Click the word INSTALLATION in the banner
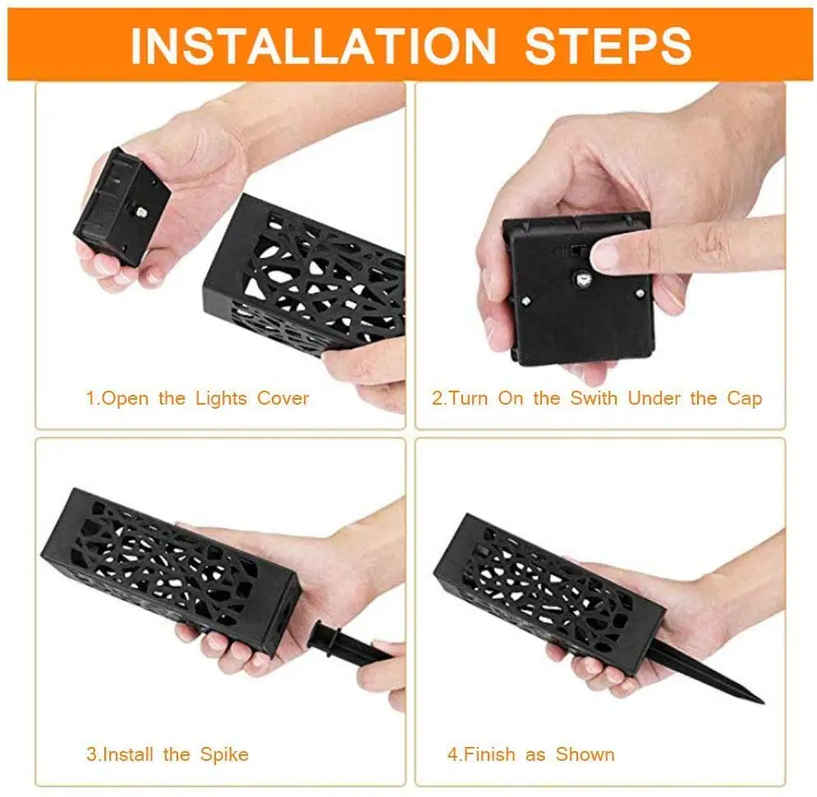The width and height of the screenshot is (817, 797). click(x=313, y=45)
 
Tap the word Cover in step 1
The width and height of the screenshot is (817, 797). click(x=283, y=399)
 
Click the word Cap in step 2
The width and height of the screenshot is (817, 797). click(x=744, y=399)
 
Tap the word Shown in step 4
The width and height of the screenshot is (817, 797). click(x=585, y=753)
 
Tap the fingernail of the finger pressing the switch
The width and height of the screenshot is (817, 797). click(x=606, y=256)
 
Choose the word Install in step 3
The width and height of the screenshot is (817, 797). click(x=131, y=753)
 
